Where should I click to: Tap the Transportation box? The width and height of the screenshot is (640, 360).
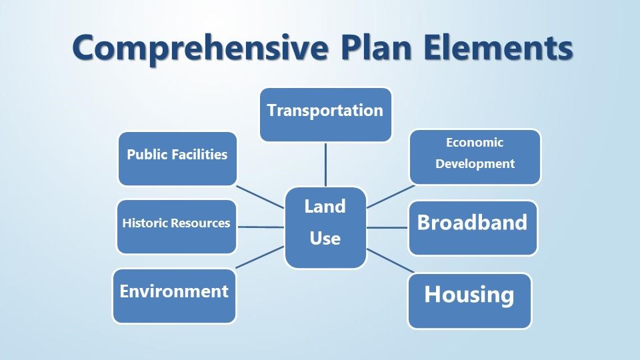[x=325, y=114]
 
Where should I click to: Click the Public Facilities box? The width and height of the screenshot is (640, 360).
[x=177, y=159]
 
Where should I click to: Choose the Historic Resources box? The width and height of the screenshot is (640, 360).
[x=177, y=227]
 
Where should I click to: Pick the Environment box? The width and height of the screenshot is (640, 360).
[x=174, y=295]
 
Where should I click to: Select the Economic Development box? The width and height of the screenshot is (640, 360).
[x=475, y=157]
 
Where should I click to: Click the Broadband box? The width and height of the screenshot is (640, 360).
[x=472, y=227]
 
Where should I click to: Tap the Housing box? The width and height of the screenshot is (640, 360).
[x=469, y=300]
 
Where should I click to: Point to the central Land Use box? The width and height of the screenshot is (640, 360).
[x=325, y=227]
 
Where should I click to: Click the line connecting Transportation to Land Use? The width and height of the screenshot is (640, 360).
[x=325, y=164]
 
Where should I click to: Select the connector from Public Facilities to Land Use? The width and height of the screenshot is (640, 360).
[x=261, y=197]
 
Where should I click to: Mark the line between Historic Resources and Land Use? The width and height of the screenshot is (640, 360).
[x=261, y=227]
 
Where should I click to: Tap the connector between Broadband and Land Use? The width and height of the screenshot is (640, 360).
[x=387, y=227]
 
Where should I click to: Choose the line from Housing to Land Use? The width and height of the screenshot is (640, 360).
[x=389, y=261]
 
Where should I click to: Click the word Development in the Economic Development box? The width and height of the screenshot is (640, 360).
[x=475, y=164]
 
